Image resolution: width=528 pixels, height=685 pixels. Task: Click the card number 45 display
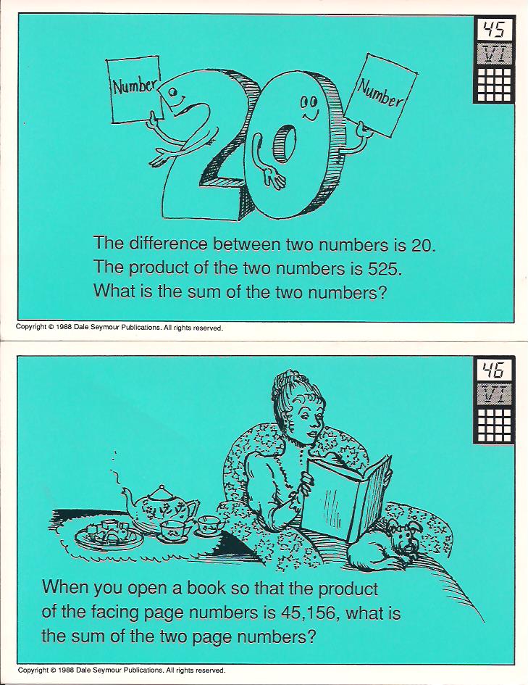(494, 30)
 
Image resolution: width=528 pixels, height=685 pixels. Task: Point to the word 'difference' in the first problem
(167, 244)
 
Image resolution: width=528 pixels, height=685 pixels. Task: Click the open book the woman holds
(348, 497)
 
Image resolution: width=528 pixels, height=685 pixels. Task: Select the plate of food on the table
(109, 534)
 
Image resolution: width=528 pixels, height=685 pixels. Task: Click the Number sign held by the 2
(135, 90)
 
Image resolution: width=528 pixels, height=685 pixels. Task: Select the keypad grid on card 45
(494, 83)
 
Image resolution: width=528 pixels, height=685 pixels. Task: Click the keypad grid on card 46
(494, 425)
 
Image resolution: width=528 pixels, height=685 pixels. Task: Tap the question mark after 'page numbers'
(310, 636)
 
